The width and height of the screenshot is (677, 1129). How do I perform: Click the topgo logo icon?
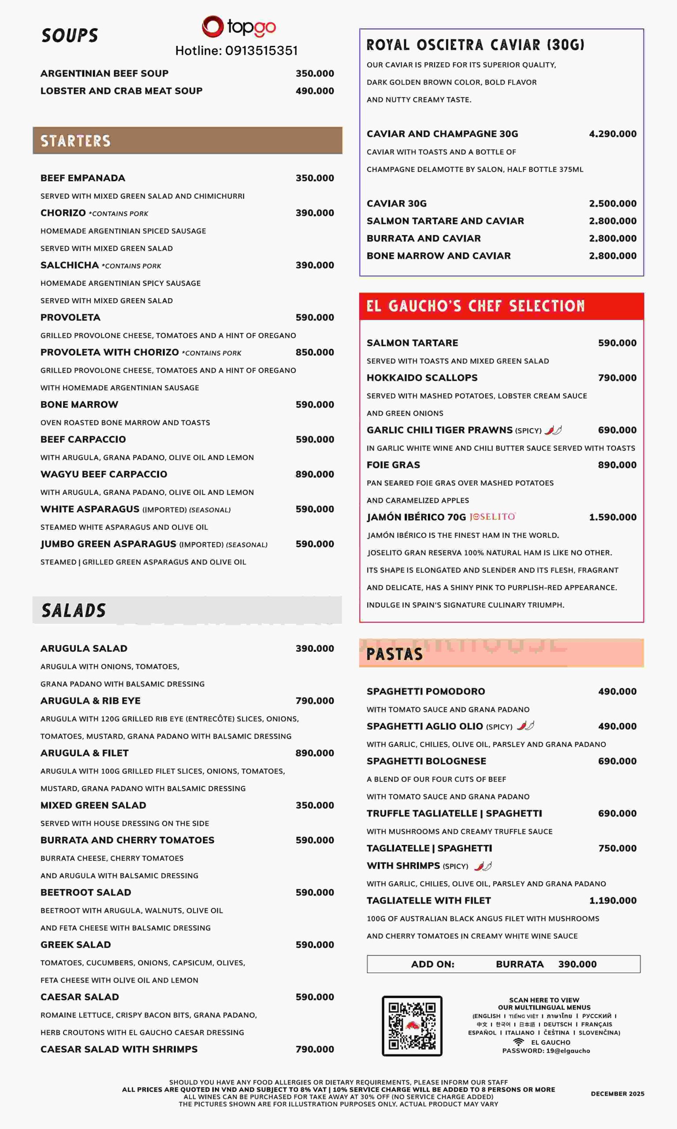coord(212,26)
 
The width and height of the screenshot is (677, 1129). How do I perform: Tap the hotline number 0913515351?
coord(261,51)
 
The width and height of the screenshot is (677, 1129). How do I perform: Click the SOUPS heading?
coord(69,36)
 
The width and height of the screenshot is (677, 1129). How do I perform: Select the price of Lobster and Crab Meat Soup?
coord(314,91)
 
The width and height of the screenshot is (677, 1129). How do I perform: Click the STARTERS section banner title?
coord(75,141)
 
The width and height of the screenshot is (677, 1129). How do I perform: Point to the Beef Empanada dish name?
coord(82,178)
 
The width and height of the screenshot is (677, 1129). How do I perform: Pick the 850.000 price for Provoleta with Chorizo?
coord(314,352)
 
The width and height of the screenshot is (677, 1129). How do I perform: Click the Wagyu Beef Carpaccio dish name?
coord(104,474)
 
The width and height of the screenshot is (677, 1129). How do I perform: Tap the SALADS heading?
coord(74,610)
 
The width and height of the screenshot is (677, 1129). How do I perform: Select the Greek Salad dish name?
coord(75,945)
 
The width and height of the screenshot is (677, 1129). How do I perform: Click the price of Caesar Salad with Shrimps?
coord(314,1049)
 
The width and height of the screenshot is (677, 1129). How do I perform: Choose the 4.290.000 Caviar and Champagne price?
coord(612,134)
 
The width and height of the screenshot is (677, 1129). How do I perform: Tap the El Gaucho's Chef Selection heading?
coord(476,306)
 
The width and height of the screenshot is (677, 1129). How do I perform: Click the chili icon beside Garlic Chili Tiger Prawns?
coord(553,430)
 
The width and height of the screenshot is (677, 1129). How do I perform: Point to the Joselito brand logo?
coord(492,516)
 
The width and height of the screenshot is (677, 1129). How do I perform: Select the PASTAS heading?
coord(394,654)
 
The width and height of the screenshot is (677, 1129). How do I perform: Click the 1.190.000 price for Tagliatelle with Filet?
coord(612,901)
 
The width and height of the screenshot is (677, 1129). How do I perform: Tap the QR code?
coord(412,1025)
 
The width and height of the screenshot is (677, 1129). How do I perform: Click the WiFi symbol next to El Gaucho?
coord(518,1042)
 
